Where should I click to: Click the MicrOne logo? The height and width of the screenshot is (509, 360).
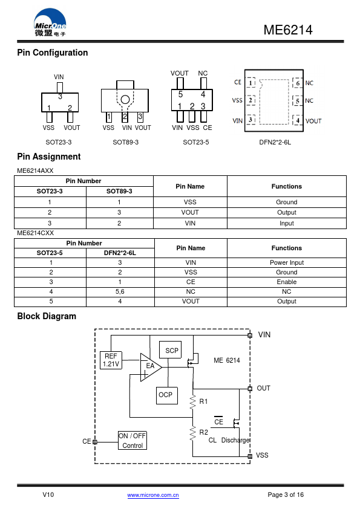click(50, 22)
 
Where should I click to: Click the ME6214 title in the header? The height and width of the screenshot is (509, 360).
click(288, 30)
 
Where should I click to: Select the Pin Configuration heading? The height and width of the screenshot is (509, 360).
click(53, 53)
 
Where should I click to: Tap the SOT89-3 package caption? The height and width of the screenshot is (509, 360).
click(125, 142)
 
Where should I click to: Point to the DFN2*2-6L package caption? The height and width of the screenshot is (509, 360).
click(275, 142)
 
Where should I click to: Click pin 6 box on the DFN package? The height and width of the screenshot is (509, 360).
click(297, 83)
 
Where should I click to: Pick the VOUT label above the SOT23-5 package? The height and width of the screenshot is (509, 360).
click(180, 73)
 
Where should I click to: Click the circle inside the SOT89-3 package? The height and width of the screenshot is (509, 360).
click(125, 100)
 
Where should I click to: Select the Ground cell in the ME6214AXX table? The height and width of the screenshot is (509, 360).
click(287, 202)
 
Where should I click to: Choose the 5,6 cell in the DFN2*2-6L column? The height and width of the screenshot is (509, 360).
click(120, 291)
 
